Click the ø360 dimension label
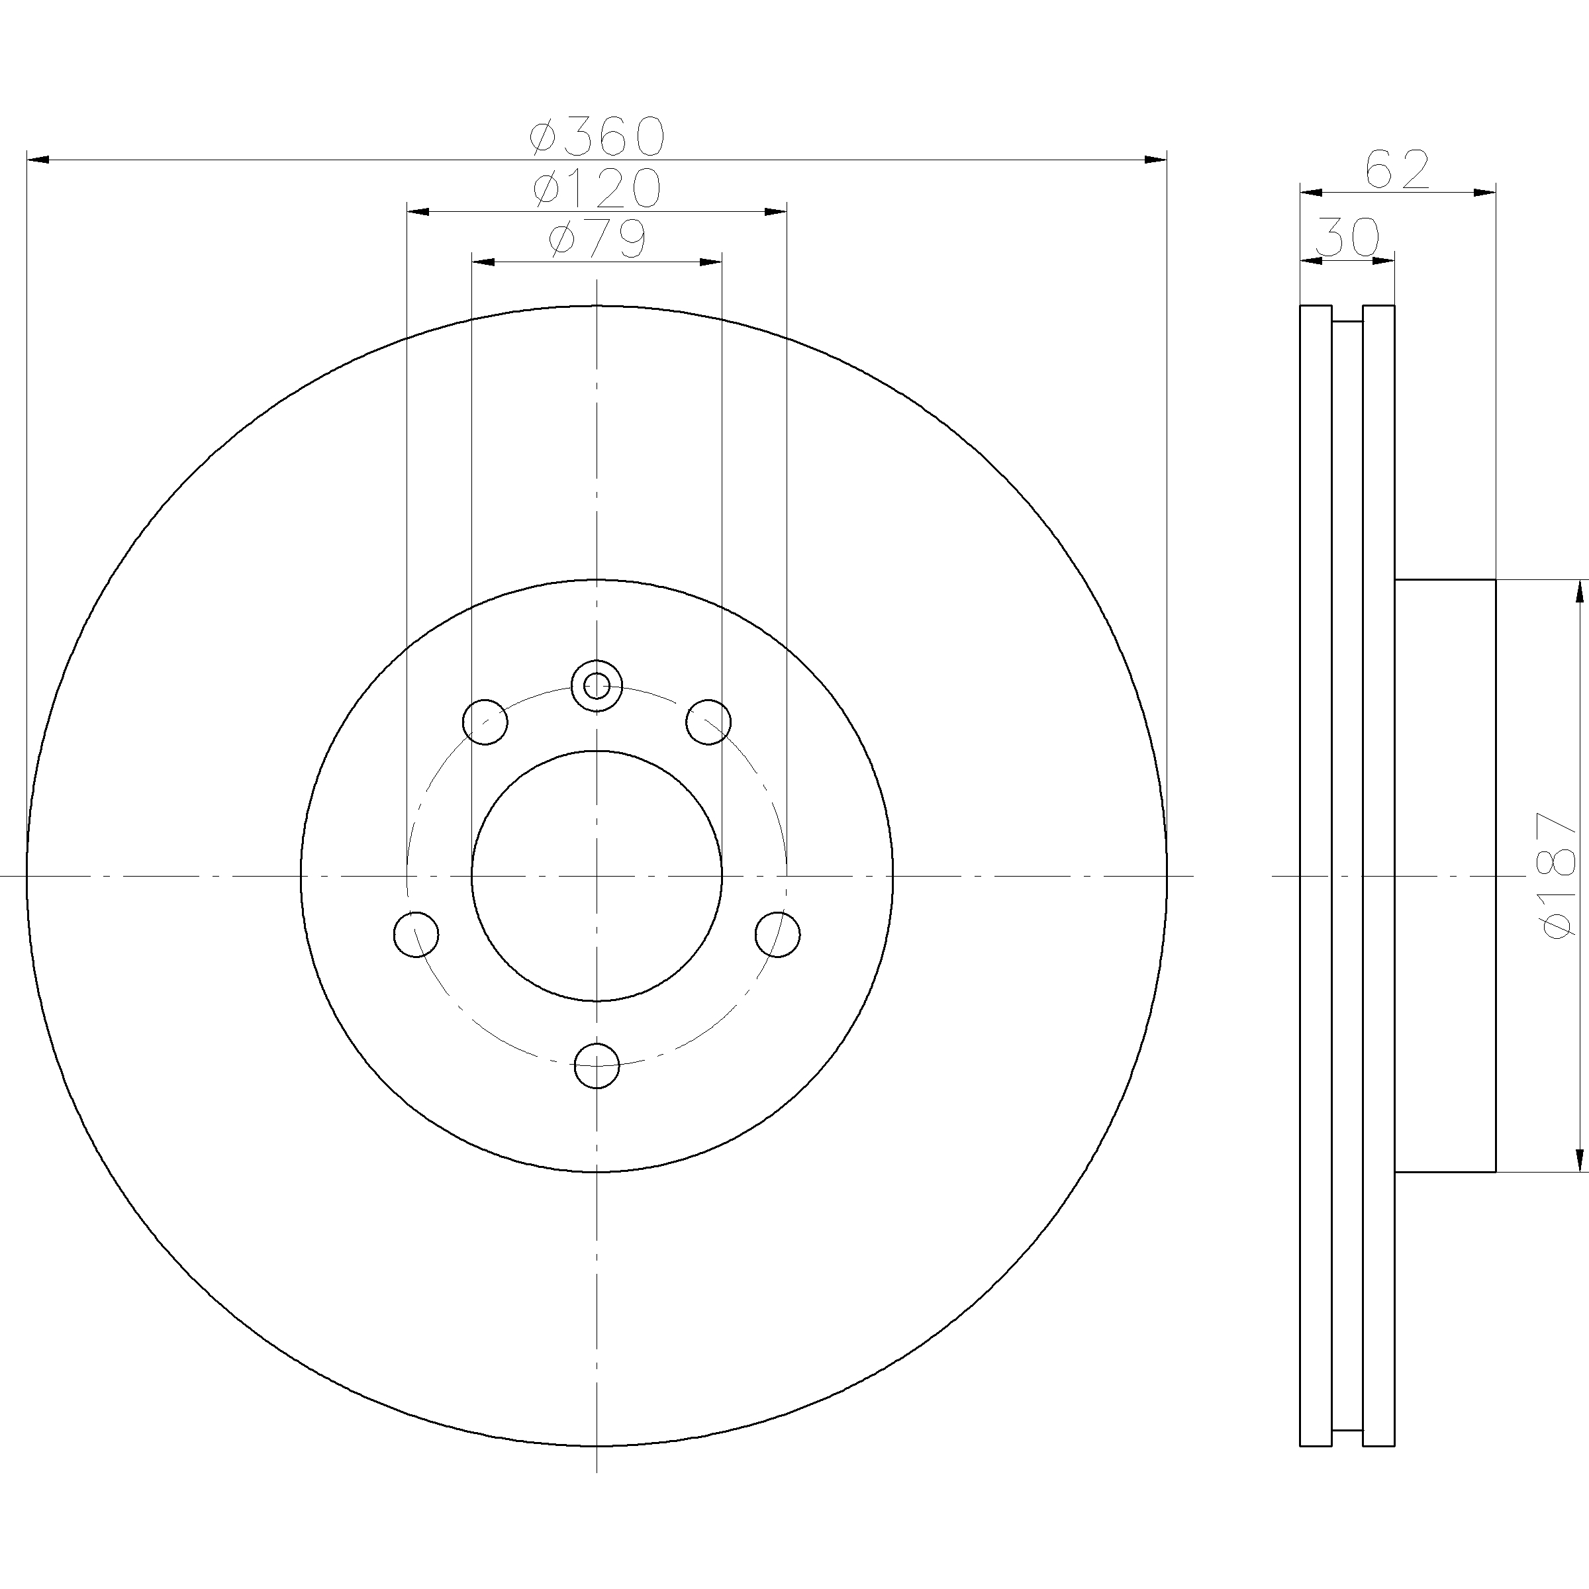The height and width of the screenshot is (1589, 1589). (x=597, y=136)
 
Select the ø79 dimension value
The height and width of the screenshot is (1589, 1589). (x=597, y=239)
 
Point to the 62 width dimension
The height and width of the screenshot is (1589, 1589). (x=1398, y=170)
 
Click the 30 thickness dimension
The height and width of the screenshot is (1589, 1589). (x=1347, y=238)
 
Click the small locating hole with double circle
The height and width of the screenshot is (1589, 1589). (x=597, y=685)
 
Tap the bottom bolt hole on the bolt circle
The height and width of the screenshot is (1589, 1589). (x=597, y=1066)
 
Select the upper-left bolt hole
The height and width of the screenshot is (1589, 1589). (x=485, y=722)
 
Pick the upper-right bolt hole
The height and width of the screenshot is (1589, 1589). (x=708, y=722)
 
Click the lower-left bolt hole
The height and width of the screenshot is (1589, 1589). (x=416, y=934)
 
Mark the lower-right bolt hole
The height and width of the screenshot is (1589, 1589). (x=777, y=934)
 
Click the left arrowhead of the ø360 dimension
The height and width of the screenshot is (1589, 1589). (x=38, y=160)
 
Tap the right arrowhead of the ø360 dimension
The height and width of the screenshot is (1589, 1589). (x=1155, y=160)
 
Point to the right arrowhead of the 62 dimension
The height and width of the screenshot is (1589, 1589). (x=1484, y=193)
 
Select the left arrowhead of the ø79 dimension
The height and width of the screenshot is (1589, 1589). (x=483, y=262)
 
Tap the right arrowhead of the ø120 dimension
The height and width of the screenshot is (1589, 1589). (x=775, y=211)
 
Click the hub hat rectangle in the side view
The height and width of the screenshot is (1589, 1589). (x=1445, y=875)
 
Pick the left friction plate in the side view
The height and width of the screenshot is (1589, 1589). (x=1315, y=875)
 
